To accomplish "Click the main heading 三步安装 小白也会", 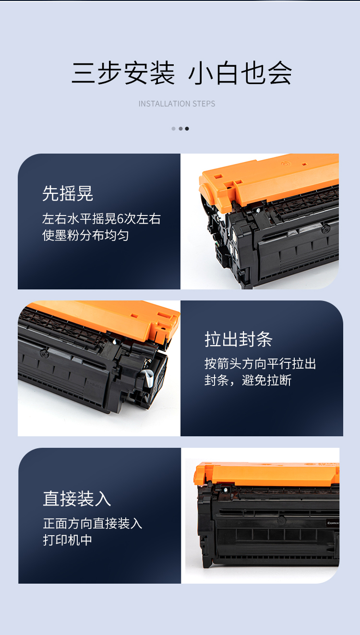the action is point(181,73).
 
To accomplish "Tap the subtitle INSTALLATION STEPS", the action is point(177,104).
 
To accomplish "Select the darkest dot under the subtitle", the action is point(187,129).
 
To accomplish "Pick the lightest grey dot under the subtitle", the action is point(173,129).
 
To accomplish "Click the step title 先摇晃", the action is point(68,193).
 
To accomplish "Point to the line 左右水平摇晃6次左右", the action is point(101,219).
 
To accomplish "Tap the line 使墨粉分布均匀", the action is point(85,235).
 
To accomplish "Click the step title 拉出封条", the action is point(239,339).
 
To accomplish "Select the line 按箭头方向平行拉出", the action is point(260,364).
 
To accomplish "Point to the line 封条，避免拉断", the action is point(248,380).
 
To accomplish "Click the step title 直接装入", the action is point(77,499).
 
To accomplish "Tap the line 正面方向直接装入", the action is point(93,523).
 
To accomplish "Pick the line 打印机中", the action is point(68,540).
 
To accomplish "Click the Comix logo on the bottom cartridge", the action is point(333,523).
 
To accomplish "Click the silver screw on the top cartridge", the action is point(258,210).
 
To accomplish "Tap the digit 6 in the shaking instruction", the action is point(120,219).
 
